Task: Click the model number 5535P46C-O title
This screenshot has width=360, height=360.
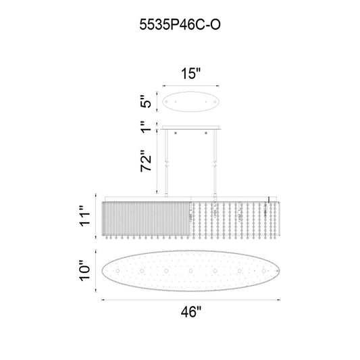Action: pyautogui.click(x=180, y=24)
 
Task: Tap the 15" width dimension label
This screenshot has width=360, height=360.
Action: pyautogui.click(x=190, y=74)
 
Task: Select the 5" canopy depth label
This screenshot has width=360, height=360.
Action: pyautogui.click(x=146, y=101)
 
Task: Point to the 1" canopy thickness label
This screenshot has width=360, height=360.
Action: pyautogui.click(x=146, y=127)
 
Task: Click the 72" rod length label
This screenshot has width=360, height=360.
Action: pyautogui.click(x=146, y=161)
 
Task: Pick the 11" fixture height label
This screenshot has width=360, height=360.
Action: pyautogui.click(x=84, y=216)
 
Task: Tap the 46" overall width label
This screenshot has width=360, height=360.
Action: pyautogui.click(x=190, y=312)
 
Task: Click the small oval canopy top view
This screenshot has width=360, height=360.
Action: pyautogui.click(x=190, y=102)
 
